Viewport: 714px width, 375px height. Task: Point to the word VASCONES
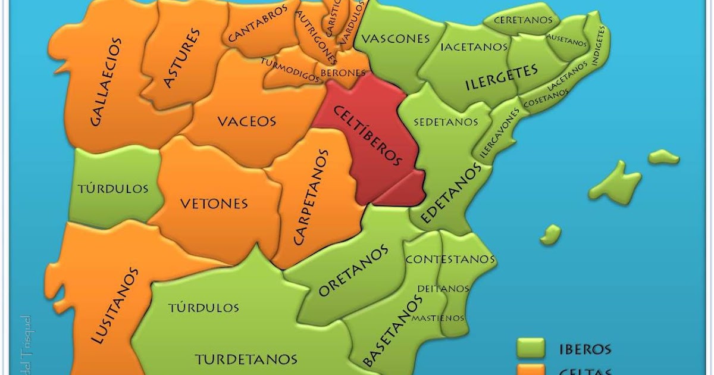(x=396, y=39)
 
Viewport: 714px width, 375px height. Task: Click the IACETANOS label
(x=474, y=46)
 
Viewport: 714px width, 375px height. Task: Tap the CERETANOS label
(x=523, y=20)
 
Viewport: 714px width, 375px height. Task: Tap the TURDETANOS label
(x=246, y=359)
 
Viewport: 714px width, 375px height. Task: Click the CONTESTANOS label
(x=450, y=260)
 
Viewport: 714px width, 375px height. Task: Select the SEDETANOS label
(x=446, y=122)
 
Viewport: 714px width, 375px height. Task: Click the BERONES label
(x=343, y=73)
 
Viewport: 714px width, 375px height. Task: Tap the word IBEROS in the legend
(x=585, y=349)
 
